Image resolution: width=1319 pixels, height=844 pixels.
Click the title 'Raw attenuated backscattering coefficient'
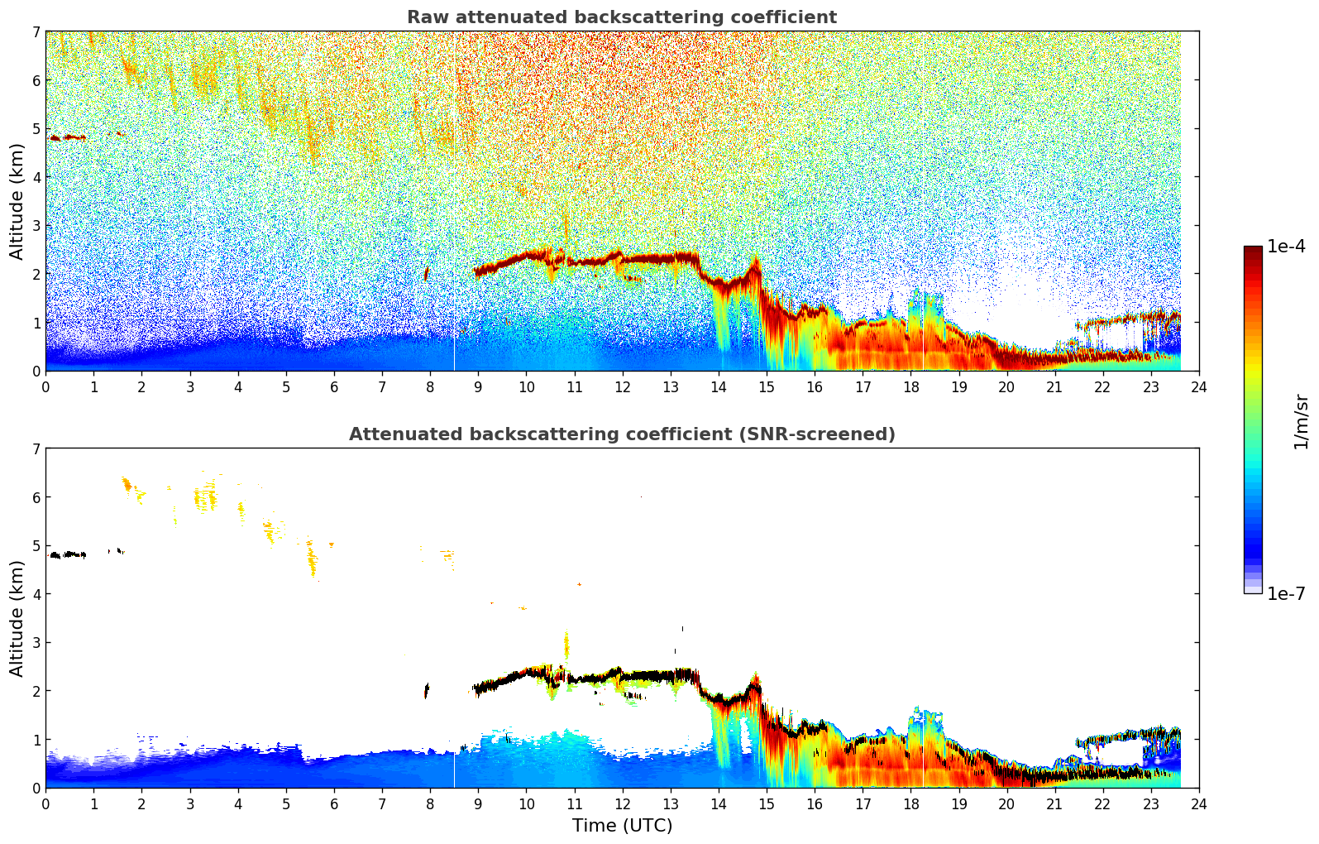click(621, 17)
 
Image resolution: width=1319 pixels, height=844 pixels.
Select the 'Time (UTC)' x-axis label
click(622, 826)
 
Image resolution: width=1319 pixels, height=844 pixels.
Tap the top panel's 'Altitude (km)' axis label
click(17, 201)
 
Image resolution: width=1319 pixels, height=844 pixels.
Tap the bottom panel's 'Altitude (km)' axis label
click(17, 618)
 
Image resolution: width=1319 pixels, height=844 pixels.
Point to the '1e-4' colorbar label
click(1286, 247)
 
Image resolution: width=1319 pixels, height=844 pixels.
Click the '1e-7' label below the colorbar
click(1286, 593)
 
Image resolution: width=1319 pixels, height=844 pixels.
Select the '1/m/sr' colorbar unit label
click(1301, 421)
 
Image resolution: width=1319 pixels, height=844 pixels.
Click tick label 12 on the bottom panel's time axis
click(622, 804)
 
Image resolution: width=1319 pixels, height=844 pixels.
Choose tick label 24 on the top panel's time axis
click(1199, 387)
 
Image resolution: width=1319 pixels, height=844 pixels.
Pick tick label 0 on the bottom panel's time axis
click(45, 804)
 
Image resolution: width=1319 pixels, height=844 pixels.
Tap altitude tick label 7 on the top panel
click(36, 31)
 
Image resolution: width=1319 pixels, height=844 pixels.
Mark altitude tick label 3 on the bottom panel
click(36, 642)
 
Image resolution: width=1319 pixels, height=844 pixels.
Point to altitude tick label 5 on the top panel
click(36, 128)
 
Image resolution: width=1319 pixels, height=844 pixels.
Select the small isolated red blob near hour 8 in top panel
click(427, 274)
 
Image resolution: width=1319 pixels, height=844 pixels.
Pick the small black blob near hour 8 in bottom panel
click(427, 690)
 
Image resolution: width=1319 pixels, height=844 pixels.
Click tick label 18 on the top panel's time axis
click(910, 387)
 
